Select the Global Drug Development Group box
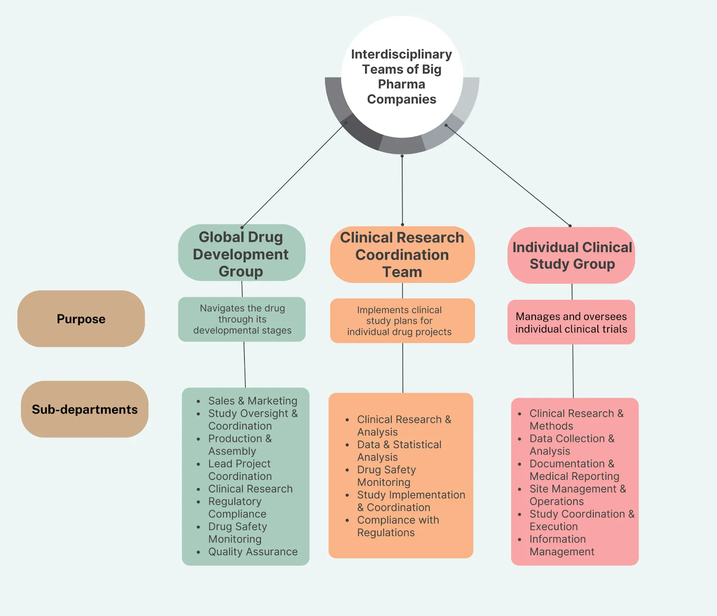[x=241, y=254]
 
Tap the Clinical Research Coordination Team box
[x=402, y=255]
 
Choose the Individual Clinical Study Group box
[x=572, y=256]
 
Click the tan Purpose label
[x=81, y=319]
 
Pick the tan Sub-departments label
[x=85, y=409]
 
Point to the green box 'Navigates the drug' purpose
[x=242, y=319]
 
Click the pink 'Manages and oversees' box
[x=571, y=322]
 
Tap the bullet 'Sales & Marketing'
[x=252, y=401]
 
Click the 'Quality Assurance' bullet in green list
[x=252, y=552]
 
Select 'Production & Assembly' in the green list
[x=239, y=445]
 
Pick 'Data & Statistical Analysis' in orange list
[x=399, y=451]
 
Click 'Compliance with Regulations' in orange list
[x=397, y=526]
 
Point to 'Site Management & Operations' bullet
[x=577, y=495]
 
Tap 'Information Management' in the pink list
[x=561, y=545]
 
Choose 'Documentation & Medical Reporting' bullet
[x=574, y=470]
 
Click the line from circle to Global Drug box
[x=294, y=175]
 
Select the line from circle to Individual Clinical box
[x=508, y=175]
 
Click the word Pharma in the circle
[x=402, y=84]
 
